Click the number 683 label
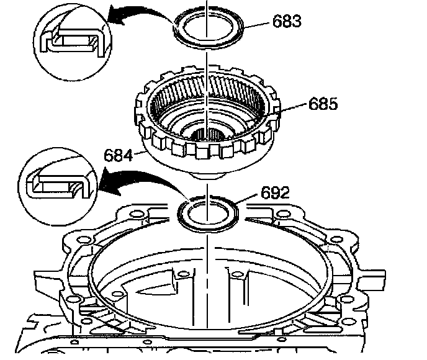287,21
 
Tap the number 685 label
323,104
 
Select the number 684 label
118,156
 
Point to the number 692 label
275,193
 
